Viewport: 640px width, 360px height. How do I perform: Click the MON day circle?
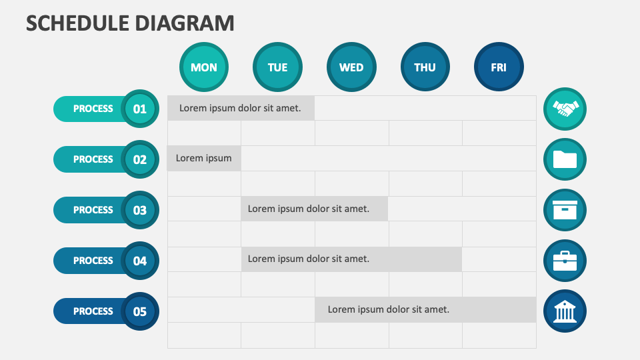coord(204,67)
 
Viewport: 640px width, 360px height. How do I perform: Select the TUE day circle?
coord(277,67)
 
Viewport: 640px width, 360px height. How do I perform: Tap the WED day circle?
coord(351,67)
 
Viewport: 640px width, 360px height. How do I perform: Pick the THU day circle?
coord(425,67)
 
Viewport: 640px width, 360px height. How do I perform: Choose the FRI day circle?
coord(499,67)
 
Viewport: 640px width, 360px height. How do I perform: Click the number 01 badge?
coord(139,109)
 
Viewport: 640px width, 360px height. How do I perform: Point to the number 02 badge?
coord(139,159)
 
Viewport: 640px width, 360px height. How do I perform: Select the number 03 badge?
coord(139,210)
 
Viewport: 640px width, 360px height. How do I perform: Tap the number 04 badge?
coord(139,261)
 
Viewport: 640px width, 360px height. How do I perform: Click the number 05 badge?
coord(139,311)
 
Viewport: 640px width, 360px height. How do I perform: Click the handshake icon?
coord(565,108)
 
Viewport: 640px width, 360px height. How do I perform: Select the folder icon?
coord(565,159)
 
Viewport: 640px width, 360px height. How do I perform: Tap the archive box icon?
coord(565,210)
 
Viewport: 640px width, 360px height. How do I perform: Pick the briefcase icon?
coord(565,261)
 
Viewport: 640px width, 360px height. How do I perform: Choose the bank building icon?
coord(565,311)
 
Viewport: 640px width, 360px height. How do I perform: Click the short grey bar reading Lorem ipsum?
coord(204,159)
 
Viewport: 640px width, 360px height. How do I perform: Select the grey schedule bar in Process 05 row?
coord(425,309)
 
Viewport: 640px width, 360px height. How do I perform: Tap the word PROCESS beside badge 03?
coord(93,210)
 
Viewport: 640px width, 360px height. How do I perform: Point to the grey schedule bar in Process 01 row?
coord(241,108)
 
